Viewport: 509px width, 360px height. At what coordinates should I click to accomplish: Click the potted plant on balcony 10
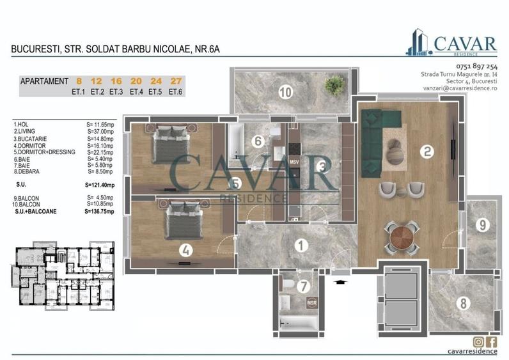333,84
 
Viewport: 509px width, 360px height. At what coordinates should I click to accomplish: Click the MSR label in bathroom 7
312,302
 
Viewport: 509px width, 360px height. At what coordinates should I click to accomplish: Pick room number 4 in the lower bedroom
185,251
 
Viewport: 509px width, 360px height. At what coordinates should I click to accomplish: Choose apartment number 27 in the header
175,81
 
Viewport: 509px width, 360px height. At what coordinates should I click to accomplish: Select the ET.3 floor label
116,91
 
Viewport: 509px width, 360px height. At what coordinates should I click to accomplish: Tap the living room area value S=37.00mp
100,132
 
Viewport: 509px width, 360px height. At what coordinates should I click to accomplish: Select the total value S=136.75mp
100,212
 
